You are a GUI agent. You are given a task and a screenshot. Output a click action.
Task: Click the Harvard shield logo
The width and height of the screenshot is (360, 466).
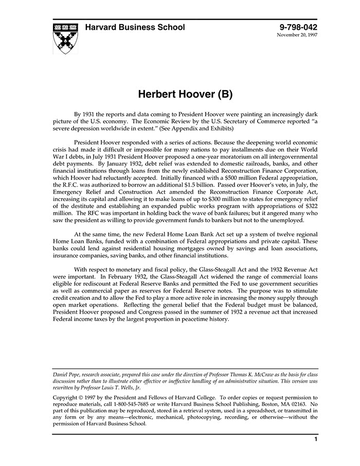pyautogui.click(x=66, y=38)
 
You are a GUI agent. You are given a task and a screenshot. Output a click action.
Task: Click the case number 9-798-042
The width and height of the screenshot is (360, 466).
pyautogui.click(x=298, y=27)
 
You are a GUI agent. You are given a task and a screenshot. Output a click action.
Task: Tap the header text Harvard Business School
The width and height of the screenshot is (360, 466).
pyautogui.click(x=135, y=27)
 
